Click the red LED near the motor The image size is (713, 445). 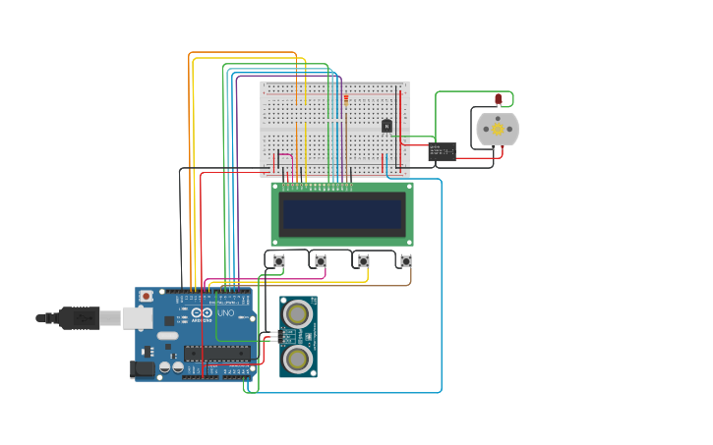pos(499,98)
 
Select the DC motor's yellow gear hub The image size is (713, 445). pos(498,129)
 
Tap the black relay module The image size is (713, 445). pos(442,151)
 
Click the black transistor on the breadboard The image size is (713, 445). pos(386,126)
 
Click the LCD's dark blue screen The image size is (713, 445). pos(341,213)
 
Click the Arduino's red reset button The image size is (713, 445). pos(147,296)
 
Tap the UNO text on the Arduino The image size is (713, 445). pos(225,312)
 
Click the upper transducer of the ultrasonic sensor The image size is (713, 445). pos(296,313)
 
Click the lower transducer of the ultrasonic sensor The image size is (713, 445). pos(296,359)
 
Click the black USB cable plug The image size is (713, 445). pos(78,317)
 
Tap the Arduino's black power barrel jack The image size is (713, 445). pos(143,369)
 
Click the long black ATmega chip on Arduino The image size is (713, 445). pos(216,353)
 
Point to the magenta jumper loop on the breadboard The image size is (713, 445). pos(284,160)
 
